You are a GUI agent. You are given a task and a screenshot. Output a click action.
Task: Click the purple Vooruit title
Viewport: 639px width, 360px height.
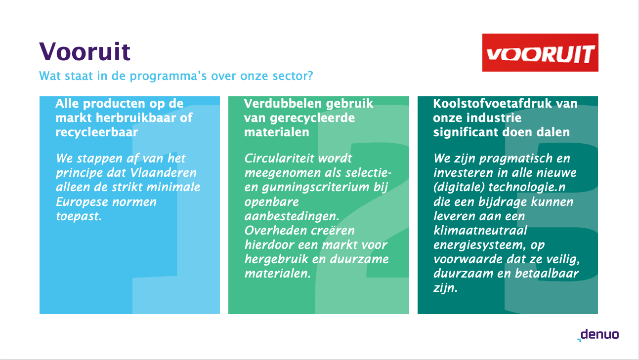[x=85, y=51]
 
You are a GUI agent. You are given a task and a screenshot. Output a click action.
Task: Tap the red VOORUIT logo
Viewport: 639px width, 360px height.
[x=540, y=52]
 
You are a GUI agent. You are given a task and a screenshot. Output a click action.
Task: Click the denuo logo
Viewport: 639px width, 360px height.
[x=598, y=335]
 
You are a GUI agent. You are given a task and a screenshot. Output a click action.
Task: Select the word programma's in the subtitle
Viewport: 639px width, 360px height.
[x=169, y=77]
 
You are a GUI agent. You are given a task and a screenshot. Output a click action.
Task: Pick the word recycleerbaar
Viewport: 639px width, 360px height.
[x=97, y=132]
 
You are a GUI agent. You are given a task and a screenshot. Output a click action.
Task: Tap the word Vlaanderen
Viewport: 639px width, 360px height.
[x=163, y=173]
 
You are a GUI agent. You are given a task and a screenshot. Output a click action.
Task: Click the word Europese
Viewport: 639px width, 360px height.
[x=82, y=202]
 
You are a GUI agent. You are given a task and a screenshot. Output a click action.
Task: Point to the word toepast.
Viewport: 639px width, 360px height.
[x=79, y=217]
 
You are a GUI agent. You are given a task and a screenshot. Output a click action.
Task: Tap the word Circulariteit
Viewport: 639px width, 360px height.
[x=280, y=159]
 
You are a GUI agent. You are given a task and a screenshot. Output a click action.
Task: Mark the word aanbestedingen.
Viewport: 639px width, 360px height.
[x=292, y=217]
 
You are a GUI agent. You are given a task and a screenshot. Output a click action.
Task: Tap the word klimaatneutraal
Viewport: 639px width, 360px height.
[x=480, y=230]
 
